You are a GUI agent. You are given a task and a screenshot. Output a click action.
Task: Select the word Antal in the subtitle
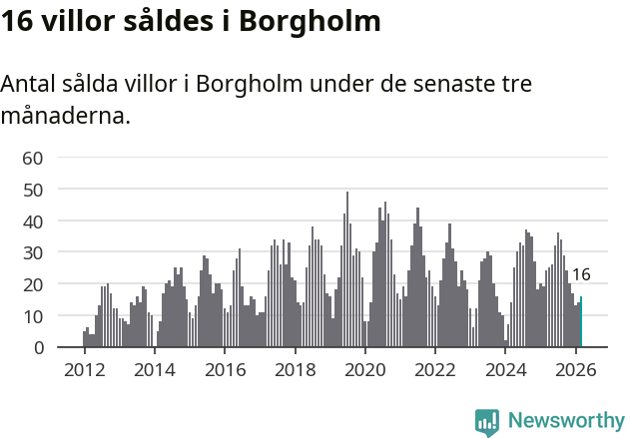click(x=30, y=85)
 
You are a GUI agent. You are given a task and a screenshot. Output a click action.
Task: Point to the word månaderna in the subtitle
click(x=65, y=117)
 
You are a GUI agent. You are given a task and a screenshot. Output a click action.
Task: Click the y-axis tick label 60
click(x=33, y=158)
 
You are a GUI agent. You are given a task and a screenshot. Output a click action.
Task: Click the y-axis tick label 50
click(x=33, y=190)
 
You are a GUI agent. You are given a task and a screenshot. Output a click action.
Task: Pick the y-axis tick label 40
click(x=33, y=221)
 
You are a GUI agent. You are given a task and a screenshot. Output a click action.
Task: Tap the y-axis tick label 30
click(x=33, y=252)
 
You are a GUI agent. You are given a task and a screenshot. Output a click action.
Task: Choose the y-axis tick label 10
click(x=33, y=316)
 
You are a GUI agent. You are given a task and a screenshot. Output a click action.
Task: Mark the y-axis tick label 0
click(x=38, y=348)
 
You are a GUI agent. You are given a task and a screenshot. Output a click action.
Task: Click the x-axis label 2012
click(x=84, y=370)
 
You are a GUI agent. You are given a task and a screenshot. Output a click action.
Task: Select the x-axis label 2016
click(x=225, y=370)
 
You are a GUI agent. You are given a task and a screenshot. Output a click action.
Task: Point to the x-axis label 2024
click(x=505, y=370)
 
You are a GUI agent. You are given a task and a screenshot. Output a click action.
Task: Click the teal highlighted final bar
click(x=581, y=322)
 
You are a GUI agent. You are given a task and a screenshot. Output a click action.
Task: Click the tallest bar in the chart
click(x=347, y=269)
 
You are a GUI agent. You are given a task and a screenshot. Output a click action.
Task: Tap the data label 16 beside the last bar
click(x=581, y=274)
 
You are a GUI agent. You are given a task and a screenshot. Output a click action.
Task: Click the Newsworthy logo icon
click(x=487, y=422)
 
